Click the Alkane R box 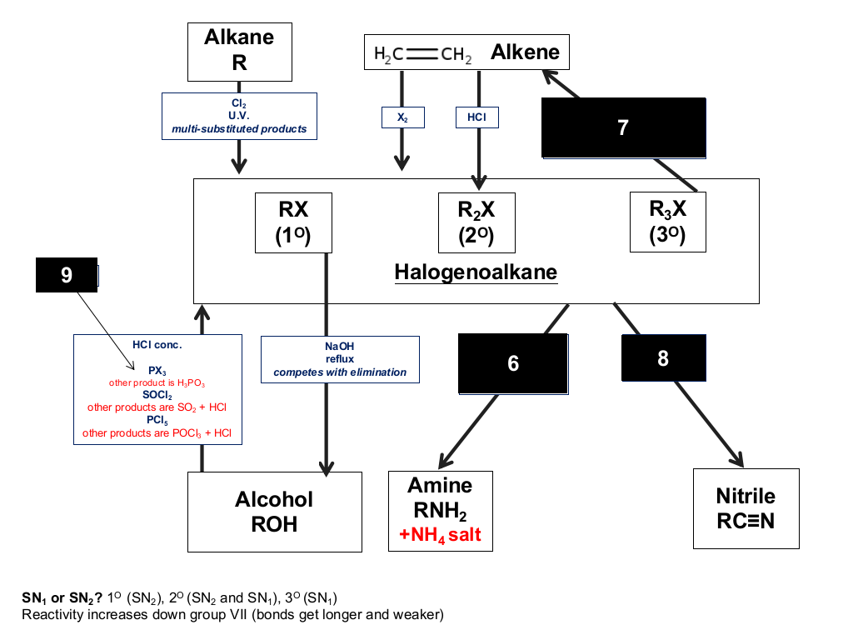click(240, 52)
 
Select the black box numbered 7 click(623, 127)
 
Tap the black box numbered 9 click(67, 275)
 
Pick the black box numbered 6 click(513, 363)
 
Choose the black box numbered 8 click(664, 358)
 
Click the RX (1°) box click(293, 222)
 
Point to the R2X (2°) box click(476, 222)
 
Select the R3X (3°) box click(668, 222)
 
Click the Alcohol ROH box click(275, 512)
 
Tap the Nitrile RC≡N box click(746, 509)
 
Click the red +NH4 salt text click(440, 535)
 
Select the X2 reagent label click(403, 117)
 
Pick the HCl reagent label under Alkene click(477, 117)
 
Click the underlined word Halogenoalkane click(476, 272)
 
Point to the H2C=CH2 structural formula click(422, 54)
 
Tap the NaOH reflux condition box click(340, 360)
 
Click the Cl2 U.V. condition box click(239, 116)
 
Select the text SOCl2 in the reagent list click(157, 395)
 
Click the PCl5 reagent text click(157, 420)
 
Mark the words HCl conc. click(157, 345)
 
